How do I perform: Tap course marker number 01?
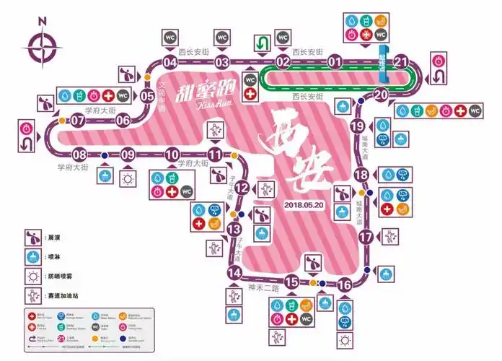pyautogui.click(x=335, y=62)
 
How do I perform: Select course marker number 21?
pyautogui.click(x=402, y=62)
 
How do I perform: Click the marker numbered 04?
pyautogui.click(x=171, y=62)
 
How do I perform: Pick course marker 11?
pyautogui.click(x=215, y=154)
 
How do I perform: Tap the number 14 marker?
pyautogui.click(x=234, y=273)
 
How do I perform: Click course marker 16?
pyautogui.click(x=345, y=284)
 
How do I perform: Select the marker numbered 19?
pyautogui.click(x=357, y=126)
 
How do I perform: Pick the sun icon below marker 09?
pyautogui.click(x=128, y=178)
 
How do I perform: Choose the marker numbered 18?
pyautogui.click(x=362, y=175)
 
